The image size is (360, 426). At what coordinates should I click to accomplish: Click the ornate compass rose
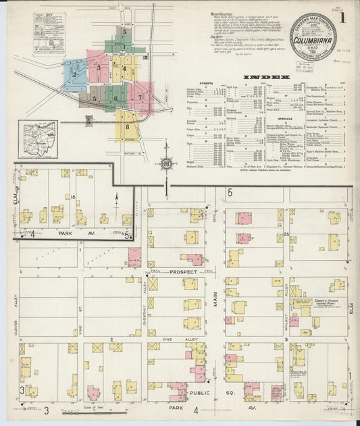coord(165,163)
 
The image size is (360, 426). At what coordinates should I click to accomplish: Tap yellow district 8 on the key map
coord(126,125)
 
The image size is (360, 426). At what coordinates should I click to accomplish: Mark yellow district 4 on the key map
coord(124,69)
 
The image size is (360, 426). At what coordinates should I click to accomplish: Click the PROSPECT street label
coord(182,272)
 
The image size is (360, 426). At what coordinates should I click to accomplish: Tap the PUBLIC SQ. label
coord(209,389)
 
